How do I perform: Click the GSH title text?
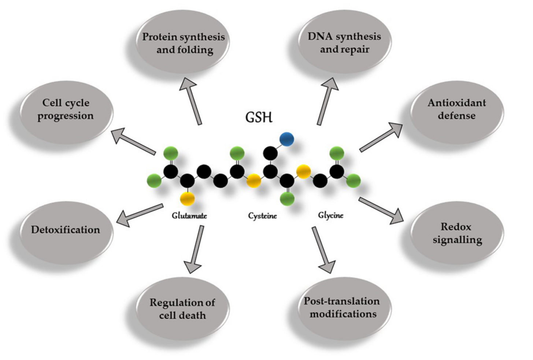point(259,117)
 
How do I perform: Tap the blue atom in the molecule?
point(286,140)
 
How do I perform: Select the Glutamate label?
point(189,216)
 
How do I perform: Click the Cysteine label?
point(262,216)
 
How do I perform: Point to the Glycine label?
point(331,216)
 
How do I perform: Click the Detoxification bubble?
point(66,230)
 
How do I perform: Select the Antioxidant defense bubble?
point(456,110)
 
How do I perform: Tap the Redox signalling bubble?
point(456,233)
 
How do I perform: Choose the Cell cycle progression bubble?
point(66,110)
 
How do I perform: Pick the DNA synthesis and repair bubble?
point(344,43)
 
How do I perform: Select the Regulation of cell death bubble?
point(183,309)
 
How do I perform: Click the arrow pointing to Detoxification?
point(140,215)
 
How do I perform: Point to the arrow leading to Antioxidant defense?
point(381,137)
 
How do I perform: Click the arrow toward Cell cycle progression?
point(133,141)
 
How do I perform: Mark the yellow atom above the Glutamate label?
point(187,198)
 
